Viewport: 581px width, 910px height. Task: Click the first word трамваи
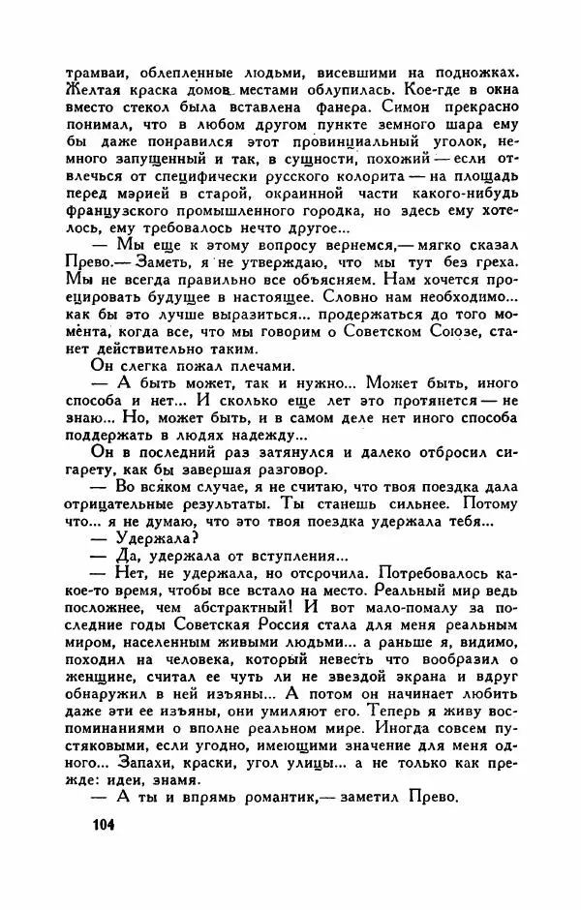(95, 72)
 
